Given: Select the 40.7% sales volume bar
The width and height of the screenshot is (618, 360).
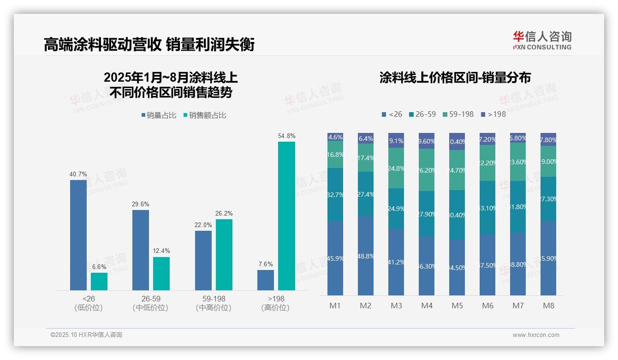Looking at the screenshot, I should click(78, 235).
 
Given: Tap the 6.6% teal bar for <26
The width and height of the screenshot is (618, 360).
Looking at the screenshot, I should click(99, 281).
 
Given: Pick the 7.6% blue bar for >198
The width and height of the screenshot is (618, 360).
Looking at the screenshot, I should click(266, 280).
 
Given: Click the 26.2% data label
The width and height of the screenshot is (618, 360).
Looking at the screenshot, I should click(224, 214).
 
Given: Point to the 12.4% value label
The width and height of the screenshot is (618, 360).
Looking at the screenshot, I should click(161, 251).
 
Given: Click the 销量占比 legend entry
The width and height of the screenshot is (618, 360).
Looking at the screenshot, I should click(159, 115).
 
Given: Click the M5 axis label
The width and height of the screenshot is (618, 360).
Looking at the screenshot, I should click(457, 306).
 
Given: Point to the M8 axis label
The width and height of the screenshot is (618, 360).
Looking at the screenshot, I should click(548, 306).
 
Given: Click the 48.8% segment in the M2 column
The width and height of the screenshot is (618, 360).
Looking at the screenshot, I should click(366, 256).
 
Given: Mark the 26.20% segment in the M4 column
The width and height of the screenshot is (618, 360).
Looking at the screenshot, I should click(427, 170).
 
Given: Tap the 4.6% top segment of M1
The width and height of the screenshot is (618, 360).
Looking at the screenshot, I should click(335, 137).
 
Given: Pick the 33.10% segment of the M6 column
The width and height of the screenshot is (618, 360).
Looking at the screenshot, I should click(487, 208).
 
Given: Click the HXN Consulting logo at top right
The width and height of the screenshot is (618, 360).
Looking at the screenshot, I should click(542, 40).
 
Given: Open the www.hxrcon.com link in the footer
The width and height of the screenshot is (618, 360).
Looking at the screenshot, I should click(536, 335).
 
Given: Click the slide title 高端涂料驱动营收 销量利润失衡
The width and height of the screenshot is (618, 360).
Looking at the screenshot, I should click(149, 45).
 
